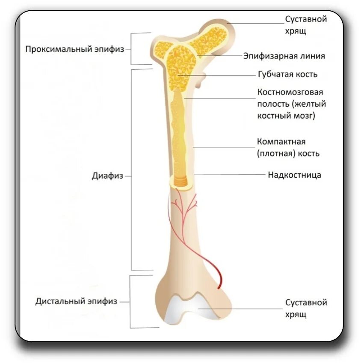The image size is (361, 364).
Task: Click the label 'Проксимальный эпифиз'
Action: [x=74, y=49]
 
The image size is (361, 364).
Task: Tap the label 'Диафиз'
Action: [x=107, y=176]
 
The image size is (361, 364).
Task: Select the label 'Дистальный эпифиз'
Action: [x=76, y=301]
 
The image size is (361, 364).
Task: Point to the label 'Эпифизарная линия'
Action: [x=284, y=56]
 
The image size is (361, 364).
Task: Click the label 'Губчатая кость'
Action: [x=287, y=74]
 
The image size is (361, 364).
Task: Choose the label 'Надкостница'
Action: [x=294, y=175]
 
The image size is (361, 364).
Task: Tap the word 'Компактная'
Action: [x=281, y=141]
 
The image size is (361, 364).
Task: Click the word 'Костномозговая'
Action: [x=290, y=92]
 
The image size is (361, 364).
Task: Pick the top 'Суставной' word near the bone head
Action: [x=306, y=19]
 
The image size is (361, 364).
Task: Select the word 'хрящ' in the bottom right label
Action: [x=296, y=315]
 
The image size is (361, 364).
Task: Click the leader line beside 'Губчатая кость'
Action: [x=218, y=75]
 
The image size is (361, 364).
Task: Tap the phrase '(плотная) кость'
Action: [x=288, y=153]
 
